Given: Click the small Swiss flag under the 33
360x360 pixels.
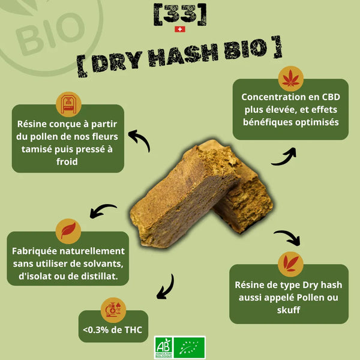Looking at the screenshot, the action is pyautogui.click(x=180, y=29).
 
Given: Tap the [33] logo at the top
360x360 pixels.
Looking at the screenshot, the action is pyautogui.click(x=180, y=14).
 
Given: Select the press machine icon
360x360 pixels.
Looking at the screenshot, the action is pyautogui.click(x=68, y=104).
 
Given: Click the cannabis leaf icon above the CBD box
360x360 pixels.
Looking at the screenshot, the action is pyautogui.click(x=290, y=79).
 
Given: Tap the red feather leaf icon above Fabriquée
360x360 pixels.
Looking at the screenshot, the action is pyautogui.click(x=68, y=231).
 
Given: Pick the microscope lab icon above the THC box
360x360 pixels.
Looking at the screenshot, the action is pyautogui.click(x=113, y=310).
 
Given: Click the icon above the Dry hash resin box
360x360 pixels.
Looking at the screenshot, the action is pyautogui.click(x=290, y=264).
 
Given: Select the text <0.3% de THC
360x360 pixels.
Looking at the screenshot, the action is pyautogui.click(x=113, y=330).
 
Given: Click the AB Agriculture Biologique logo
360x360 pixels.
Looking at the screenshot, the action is pyautogui.click(x=163, y=347).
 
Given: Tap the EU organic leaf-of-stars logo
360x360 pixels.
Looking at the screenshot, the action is pyautogui.click(x=190, y=347).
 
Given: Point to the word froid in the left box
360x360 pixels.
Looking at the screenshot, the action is pyautogui.click(x=67, y=161).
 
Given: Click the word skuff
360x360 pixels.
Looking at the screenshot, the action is pyautogui.click(x=289, y=310).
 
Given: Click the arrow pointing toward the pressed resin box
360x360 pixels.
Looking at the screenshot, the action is pyautogui.click(x=140, y=139).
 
